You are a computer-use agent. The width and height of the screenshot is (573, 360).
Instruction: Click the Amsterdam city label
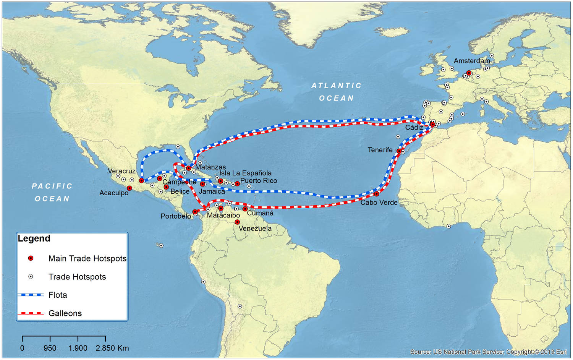pyautogui.click(x=471, y=61)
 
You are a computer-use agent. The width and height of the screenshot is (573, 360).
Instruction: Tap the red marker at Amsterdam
pyautogui.click(x=469, y=73)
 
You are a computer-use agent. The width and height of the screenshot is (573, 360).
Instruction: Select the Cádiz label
pyautogui.click(x=414, y=128)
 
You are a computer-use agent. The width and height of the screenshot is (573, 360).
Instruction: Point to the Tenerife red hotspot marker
pyautogui.click(x=399, y=151)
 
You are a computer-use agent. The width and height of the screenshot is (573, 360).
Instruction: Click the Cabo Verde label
pyautogui.click(x=379, y=203)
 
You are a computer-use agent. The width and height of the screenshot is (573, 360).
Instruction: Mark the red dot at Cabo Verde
pyautogui.click(x=376, y=194)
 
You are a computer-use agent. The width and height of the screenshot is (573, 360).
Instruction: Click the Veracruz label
pyautogui.click(x=121, y=171)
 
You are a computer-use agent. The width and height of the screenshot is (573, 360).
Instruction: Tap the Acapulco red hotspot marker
pyautogui.click(x=129, y=188)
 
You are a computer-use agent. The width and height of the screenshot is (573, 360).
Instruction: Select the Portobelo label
pyautogui.click(x=176, y=216)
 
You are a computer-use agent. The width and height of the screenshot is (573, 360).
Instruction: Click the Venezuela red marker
pyautogui.click(x=237, y=222)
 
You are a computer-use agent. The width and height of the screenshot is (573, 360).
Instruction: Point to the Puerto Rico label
pyautogui.click(x=259, y=181)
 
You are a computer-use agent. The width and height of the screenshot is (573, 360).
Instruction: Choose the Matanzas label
pyautogui.click(x=210, y=167)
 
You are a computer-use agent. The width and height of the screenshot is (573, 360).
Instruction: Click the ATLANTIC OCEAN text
pyautogui.click(x=336, y=92)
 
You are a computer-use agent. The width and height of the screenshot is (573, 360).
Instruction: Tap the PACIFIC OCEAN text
pyautogui.click(x=52, y=192)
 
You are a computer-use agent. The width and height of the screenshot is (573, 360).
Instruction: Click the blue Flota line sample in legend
pyautogui.click(x=31, y=295)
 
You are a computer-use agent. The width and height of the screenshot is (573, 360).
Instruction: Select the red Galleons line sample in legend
pyautogui.click(x=31, y=313)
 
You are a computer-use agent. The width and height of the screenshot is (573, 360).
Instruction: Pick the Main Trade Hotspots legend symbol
pyautogui.click(x=31, y=258)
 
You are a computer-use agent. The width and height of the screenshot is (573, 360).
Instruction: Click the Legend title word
pyautogui.click(x=34, y=238)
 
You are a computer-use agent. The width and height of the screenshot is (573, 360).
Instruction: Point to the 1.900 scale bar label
pyautogui.click(x=78, y=348)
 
